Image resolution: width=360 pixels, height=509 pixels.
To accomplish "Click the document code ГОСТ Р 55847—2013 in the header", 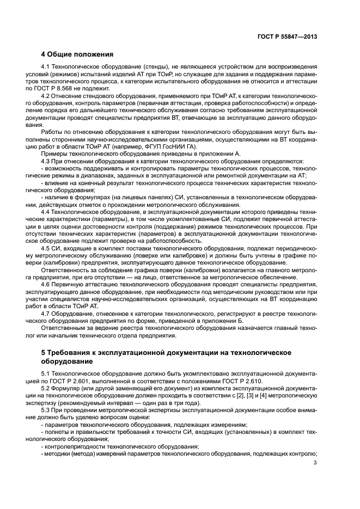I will [288, 36].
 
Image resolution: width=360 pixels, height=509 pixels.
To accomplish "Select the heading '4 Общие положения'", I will [77, 54].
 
